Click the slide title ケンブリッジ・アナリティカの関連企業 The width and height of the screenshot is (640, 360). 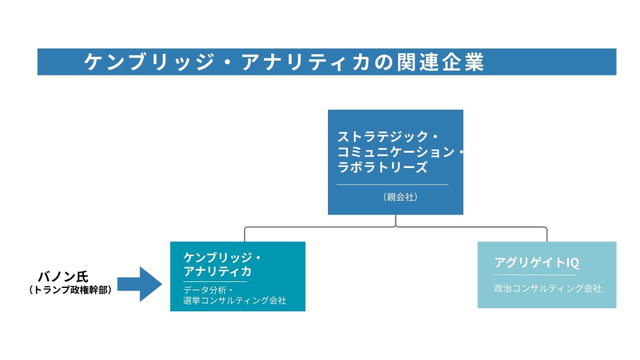point(285,62)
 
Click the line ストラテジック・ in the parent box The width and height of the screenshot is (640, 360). point(387,134)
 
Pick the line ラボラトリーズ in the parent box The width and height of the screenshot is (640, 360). point(382,167)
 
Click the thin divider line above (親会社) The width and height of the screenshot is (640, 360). point(392,185)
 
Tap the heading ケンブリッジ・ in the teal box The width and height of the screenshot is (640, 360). point(222,257)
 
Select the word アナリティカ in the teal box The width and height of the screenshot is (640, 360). point(217,271)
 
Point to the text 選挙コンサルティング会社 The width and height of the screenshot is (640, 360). point(234,300)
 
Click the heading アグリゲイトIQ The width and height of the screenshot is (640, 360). point(536,263)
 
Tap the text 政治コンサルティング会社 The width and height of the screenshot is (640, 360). point(547,288)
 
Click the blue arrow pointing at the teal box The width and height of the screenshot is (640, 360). point(139,284)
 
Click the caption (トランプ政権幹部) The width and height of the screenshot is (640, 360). point(69,290)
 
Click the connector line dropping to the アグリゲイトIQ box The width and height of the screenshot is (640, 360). point(546,234)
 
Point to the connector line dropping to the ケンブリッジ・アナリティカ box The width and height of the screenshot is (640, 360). point(244,234)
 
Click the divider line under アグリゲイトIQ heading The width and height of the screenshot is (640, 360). point(535,275)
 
